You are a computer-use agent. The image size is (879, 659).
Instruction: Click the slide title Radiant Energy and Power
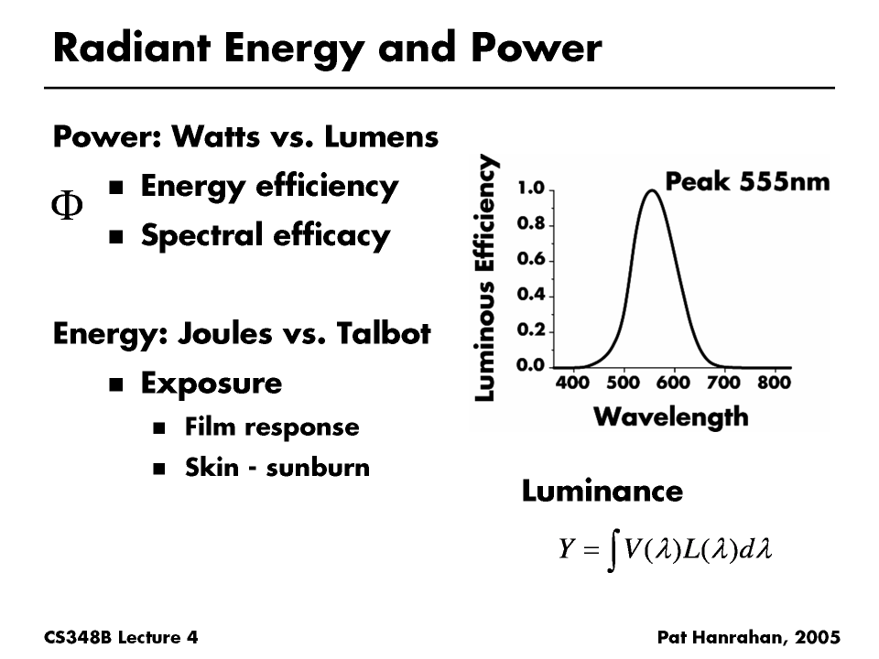tap(327, 48)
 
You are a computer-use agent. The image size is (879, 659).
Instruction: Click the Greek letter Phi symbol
tap(66, 207)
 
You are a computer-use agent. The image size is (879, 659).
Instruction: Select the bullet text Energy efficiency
tap(268, 187)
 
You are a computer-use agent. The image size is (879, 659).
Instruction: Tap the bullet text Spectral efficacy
tap(265, 236)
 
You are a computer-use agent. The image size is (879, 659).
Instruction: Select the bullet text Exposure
tap(211, 383)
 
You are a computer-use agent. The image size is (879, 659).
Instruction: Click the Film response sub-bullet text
tap(271, 427)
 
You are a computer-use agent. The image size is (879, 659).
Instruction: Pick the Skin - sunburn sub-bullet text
tap(277, 468)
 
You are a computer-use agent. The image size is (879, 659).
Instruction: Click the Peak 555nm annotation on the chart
tap(747, 181)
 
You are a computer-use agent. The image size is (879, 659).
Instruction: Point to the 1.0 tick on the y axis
tap(531, 189)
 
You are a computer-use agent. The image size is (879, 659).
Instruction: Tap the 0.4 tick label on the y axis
tap(531, 295)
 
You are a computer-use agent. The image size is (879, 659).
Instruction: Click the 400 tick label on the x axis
tap(573, 382)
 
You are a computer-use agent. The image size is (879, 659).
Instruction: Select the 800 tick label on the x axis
tap(775, 382)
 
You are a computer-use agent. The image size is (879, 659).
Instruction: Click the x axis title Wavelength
tap(670, 417)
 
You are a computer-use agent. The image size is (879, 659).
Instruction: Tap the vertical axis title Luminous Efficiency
tap(488, 277)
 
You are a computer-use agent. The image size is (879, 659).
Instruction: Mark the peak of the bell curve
tap(651, 190)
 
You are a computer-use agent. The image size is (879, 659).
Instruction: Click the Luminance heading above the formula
tap(602, 492)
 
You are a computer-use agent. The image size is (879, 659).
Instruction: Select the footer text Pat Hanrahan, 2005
tap(748, 636)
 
